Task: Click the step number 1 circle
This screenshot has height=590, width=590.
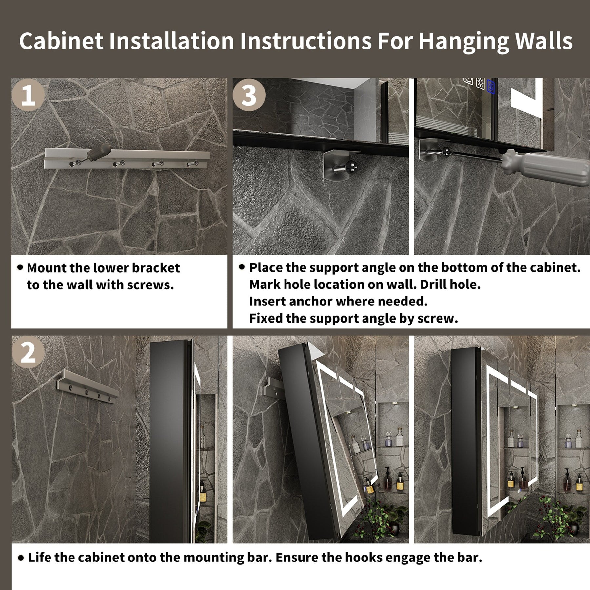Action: coord(28,95)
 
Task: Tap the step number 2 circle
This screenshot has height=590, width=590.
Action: coord(28,352)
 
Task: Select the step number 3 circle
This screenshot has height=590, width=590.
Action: coord(249,95)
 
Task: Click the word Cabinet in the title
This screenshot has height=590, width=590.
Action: coord(61,41)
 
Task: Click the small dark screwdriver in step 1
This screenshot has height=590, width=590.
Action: coord(94,152)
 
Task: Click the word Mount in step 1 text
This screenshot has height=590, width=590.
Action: coord(47,268)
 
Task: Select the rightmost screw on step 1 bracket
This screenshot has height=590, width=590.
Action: coord(192,163)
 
